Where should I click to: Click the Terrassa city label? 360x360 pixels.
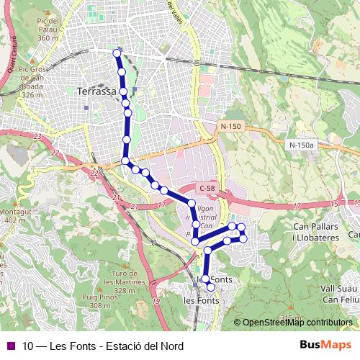pos(96,91)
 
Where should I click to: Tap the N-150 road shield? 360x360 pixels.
pos(231,126)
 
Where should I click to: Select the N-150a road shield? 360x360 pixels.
pos(302,145)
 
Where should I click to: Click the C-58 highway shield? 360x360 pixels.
pos(207,189)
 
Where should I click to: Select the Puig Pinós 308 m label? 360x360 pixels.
pos(100,301)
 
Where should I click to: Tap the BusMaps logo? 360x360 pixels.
pos(325,346)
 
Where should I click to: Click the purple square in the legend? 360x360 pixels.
pos(11,346)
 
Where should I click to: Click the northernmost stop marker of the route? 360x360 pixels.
pos(117,53)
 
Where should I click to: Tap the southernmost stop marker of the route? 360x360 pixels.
pos(210,287)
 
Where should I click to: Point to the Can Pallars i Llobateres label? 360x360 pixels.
pos(315,232)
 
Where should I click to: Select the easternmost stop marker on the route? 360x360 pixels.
pos(243,238)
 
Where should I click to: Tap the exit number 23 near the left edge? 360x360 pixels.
pos(36,135)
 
